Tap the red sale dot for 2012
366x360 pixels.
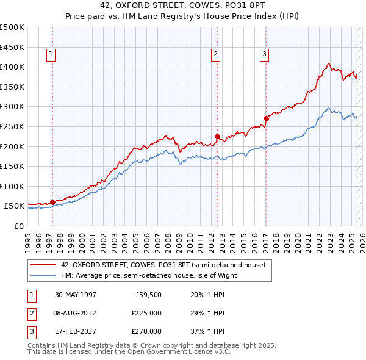pyautogui.click(x=217, y=136)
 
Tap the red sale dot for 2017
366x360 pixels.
pyautogui.click(x=266, y=118)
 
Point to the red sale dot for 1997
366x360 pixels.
pyautogui.click(x=53, y=202)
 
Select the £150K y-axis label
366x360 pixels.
pyautogui.click(x=13, y=166)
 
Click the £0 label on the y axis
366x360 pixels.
pyautogui.click(x=18, y=226)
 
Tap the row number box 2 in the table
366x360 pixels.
pyautogui.click(x=30, y=313)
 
